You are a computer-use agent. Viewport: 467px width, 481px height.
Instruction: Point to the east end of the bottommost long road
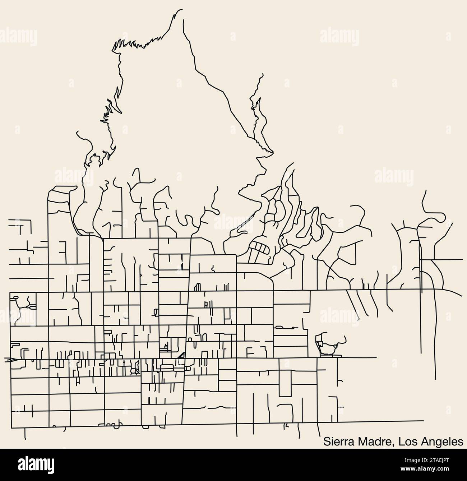424,420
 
